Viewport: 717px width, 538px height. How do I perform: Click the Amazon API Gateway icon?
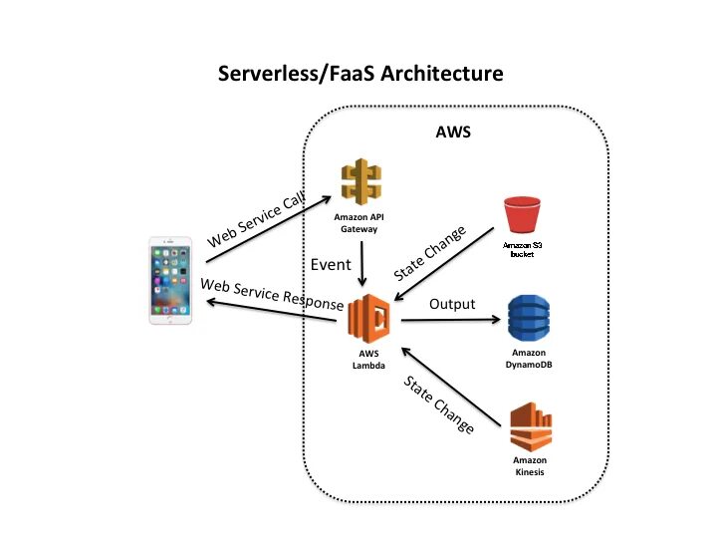click(x=361, y=182)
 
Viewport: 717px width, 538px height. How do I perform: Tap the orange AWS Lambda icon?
click(x=368, y=319)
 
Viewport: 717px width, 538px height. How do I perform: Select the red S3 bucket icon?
click(x=522, y=215)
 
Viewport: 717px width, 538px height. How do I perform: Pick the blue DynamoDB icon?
click(x=529, y=319)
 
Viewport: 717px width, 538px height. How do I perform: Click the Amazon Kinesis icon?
click(x=531, y=427)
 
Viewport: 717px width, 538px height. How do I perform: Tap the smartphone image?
click(x=170, y=280)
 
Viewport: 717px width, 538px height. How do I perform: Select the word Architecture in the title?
click(x=442, y=73)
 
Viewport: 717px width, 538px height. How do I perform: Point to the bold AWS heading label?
click(x=453, y=132)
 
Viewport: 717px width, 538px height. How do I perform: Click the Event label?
click(x=331, y=264)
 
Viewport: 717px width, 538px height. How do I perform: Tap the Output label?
click(x=452, y=304)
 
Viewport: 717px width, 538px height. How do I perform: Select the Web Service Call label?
click(x=256, y=219)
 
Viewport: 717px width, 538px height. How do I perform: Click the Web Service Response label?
click(x=272, y=294)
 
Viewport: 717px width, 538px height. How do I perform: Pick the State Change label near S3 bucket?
click(x=430, y=252)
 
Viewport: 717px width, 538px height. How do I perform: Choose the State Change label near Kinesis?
click(x=438, y=404)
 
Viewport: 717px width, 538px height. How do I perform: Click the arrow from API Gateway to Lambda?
click(x=361, y=264)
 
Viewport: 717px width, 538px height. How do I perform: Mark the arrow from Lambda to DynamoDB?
click(x=451, y=320)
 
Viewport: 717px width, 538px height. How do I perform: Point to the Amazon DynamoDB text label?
click(x=529, y=359)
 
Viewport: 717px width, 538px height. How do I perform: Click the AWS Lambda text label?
click(x=368, y=360)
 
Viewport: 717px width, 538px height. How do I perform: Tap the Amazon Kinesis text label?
click(x=530, y=466)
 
